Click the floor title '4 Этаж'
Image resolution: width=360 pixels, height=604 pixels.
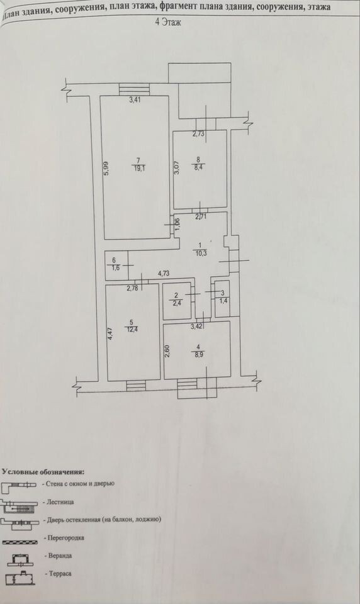pyautogui.click(x=168, y=23)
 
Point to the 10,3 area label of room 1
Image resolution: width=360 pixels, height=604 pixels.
pyautogui.click(x=200, y=253)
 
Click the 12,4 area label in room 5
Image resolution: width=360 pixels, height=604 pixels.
pyautogui.click(x=131, y=328)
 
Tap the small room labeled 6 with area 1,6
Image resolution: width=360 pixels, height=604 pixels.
pyautogui.click(x=117, y=266)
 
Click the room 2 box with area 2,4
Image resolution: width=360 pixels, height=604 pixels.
pyautogui.click(x=177, y=301)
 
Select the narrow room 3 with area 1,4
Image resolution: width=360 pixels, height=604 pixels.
pyautogui.click(x=222, y=299)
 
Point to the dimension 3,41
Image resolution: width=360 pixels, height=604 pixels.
pyautogui.click(x=135, y=100)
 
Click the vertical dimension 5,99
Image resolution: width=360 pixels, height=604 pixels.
pyautogui.click(x=107, y=169)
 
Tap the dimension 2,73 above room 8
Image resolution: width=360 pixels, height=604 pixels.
pyautogui.click(x=199, y=134)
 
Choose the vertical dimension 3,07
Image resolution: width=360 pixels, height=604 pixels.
pyautogui.click(x=177, y=167)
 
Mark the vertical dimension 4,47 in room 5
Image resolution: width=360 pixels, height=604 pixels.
pyautogui.click(x=110, y=333)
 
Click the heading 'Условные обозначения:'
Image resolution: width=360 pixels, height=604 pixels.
pyautogui.click(x=43, y=471)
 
